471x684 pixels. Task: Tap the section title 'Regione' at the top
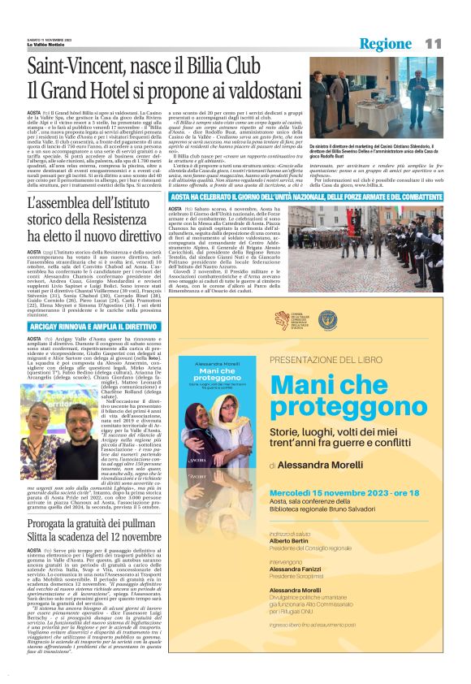(x=387, y=43)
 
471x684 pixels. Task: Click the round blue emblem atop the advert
(x=327, y=321)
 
